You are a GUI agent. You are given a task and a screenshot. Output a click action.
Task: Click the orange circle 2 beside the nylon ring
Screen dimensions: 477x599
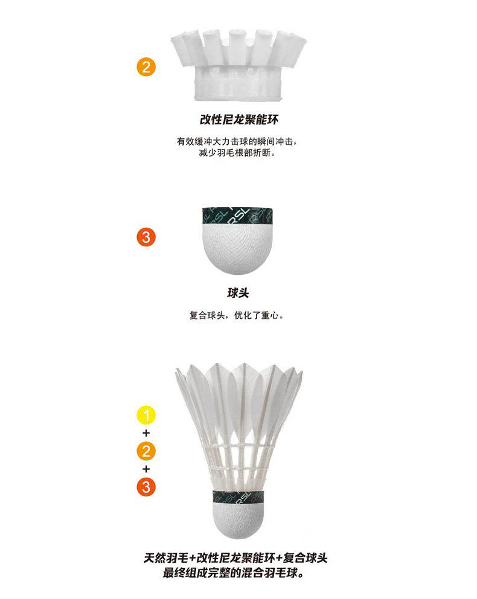[x=146, y=67]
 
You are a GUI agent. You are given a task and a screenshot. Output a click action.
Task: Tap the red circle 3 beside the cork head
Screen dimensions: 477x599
[x=146, y=237]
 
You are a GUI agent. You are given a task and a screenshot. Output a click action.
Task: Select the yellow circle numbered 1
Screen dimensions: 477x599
[x=146, y=415]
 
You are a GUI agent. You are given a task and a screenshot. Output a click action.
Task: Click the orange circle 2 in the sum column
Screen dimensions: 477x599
[x=146, y=451]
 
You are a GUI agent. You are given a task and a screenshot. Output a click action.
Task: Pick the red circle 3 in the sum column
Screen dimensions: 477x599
[x=146, y=487]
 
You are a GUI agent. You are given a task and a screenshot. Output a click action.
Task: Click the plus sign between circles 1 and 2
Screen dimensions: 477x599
[x=146, y=433]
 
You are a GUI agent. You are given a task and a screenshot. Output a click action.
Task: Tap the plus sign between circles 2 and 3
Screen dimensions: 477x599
[x=146, y=469]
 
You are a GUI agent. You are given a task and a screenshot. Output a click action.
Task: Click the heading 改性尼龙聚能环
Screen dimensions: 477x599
[x=239, y=120]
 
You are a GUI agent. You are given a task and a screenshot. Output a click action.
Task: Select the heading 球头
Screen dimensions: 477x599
[x=238, y=293]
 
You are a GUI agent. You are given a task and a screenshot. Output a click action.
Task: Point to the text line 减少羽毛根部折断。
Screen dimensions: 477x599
[x=237, y=153]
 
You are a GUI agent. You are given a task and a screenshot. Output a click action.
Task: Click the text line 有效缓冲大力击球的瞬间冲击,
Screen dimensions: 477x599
[x=237, y=141]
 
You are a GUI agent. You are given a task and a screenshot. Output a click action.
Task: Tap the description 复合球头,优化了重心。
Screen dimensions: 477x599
[x=237, y=316]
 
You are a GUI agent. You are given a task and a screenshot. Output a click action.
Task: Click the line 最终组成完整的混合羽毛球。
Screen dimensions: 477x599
[x=233, y=573]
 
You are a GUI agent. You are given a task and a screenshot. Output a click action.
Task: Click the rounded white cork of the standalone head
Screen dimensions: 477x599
[x=238, y=249]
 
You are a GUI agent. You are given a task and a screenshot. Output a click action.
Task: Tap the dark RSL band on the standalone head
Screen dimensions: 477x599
[x=237, y=217]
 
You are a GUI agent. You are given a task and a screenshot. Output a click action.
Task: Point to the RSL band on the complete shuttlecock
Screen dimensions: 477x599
[x=238, y=497]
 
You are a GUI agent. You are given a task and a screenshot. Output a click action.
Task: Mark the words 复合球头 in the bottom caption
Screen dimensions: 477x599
[x=305, y=558]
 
